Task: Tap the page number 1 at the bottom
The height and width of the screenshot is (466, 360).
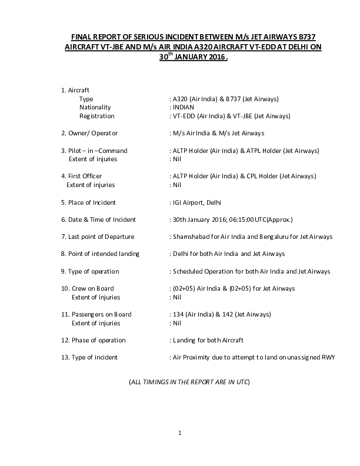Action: pyautogui.click(x=180, y=433)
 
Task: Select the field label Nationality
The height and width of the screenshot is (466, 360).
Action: pyautogui.click(x=95, y=108)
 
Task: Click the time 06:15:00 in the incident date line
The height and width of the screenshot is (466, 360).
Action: pyautogui.click(x=241, y=219)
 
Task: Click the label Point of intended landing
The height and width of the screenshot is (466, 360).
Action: pyautogui.click(x=99, y=254)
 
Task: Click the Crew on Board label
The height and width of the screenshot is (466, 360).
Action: pyautogui.click(x=92, y=288)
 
